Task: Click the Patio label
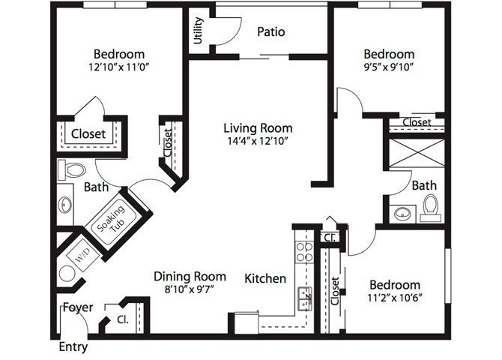coord(270,31)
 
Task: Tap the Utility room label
coord(199,31)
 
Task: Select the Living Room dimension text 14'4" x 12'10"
coord(258,141)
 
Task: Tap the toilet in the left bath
coord(72,170)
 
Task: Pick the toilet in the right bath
coord(430,208)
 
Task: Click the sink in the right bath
coord(402,213)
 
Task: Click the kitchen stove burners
coord(304,252)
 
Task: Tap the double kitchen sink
coord(304,298)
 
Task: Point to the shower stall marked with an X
coord(417,153)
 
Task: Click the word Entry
coord(73,347)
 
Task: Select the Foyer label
coord(78,307)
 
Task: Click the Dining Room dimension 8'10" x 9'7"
coord(190,289)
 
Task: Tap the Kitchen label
coord(265,278)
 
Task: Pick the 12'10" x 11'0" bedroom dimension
coord(119,67)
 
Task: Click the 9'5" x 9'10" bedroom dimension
coord(389,67)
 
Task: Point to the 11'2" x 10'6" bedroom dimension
coord(394,298)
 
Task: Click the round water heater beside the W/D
coord(67,274)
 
